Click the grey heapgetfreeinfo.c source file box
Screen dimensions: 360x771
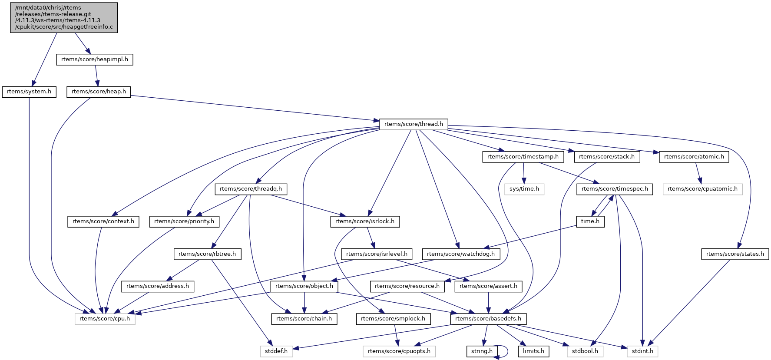(x=64, y=17)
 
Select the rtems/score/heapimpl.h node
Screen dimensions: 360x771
(x=94, y=59)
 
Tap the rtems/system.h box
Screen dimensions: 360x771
(x=29, y=92)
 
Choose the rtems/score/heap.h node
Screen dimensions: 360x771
(x=99, y=92)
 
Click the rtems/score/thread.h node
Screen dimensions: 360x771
(x=414, y=124)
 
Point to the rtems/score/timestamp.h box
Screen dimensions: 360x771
(x=523, y=157)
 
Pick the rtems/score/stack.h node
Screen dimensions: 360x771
(x=606, y=157)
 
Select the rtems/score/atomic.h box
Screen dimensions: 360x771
(x=694, y=157)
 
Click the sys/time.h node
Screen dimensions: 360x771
(x=524, y=189)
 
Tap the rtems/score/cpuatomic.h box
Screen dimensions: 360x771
(x=702, y=189)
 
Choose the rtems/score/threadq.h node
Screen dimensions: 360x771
(x=251, y=189)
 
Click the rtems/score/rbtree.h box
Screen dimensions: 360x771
(x=207, y=254)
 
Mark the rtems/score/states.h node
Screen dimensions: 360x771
(x=735, y=254)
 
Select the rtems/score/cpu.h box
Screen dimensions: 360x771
(x=105, y=319)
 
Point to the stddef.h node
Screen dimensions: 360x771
(x=276, y=351)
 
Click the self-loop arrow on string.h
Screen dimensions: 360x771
(x=506, y=351)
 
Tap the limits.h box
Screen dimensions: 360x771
(x=533, y=351)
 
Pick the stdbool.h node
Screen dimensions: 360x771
(x=585, y=351)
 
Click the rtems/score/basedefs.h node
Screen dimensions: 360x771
(x=488, y=319)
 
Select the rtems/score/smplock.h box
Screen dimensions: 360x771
(x=393, y=319)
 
